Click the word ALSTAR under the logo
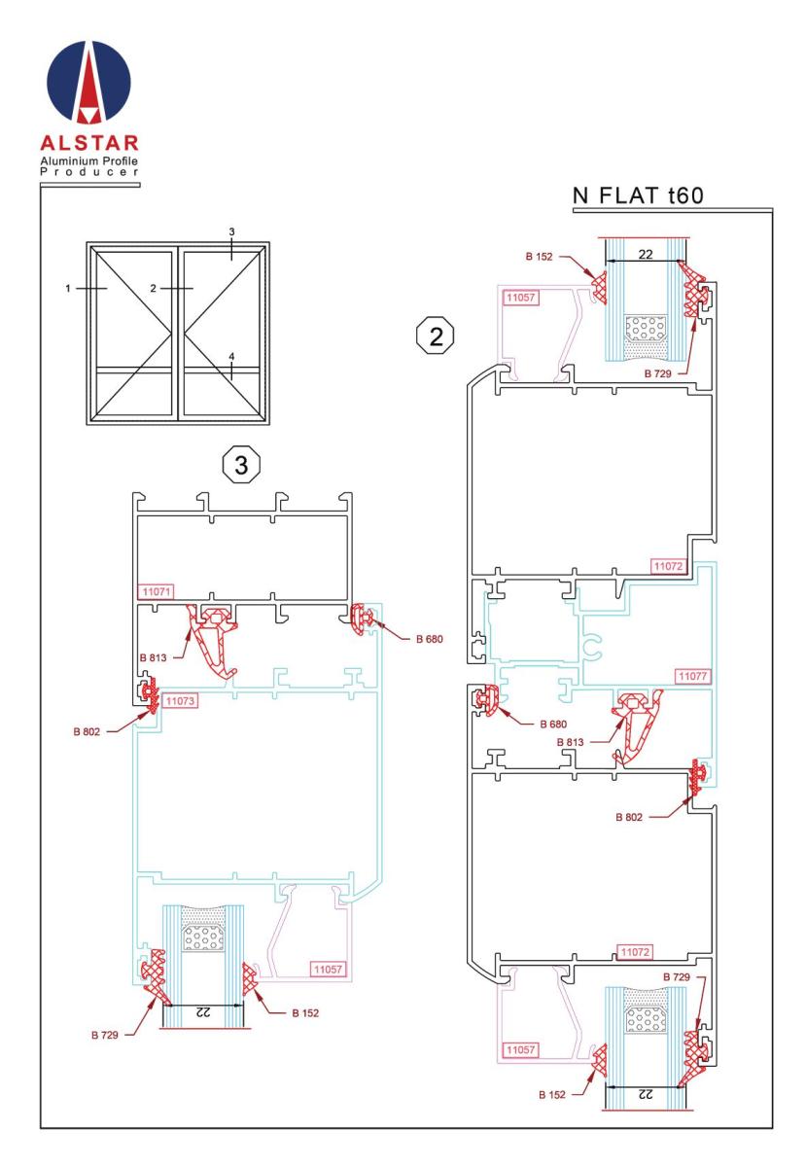89,143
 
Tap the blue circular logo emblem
89,83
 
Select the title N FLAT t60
638,195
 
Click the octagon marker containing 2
436,336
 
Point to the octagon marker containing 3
241,464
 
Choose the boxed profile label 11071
157,591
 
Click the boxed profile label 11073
180,701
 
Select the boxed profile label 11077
693,676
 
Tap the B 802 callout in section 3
87,731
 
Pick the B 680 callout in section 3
430,639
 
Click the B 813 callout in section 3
154,657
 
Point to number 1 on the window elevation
68,288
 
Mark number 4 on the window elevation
231,357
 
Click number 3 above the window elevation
231,231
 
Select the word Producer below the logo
89,172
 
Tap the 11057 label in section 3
328,969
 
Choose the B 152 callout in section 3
305,1012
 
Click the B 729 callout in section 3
105,1035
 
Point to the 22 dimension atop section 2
646,254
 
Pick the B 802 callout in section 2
629,817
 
